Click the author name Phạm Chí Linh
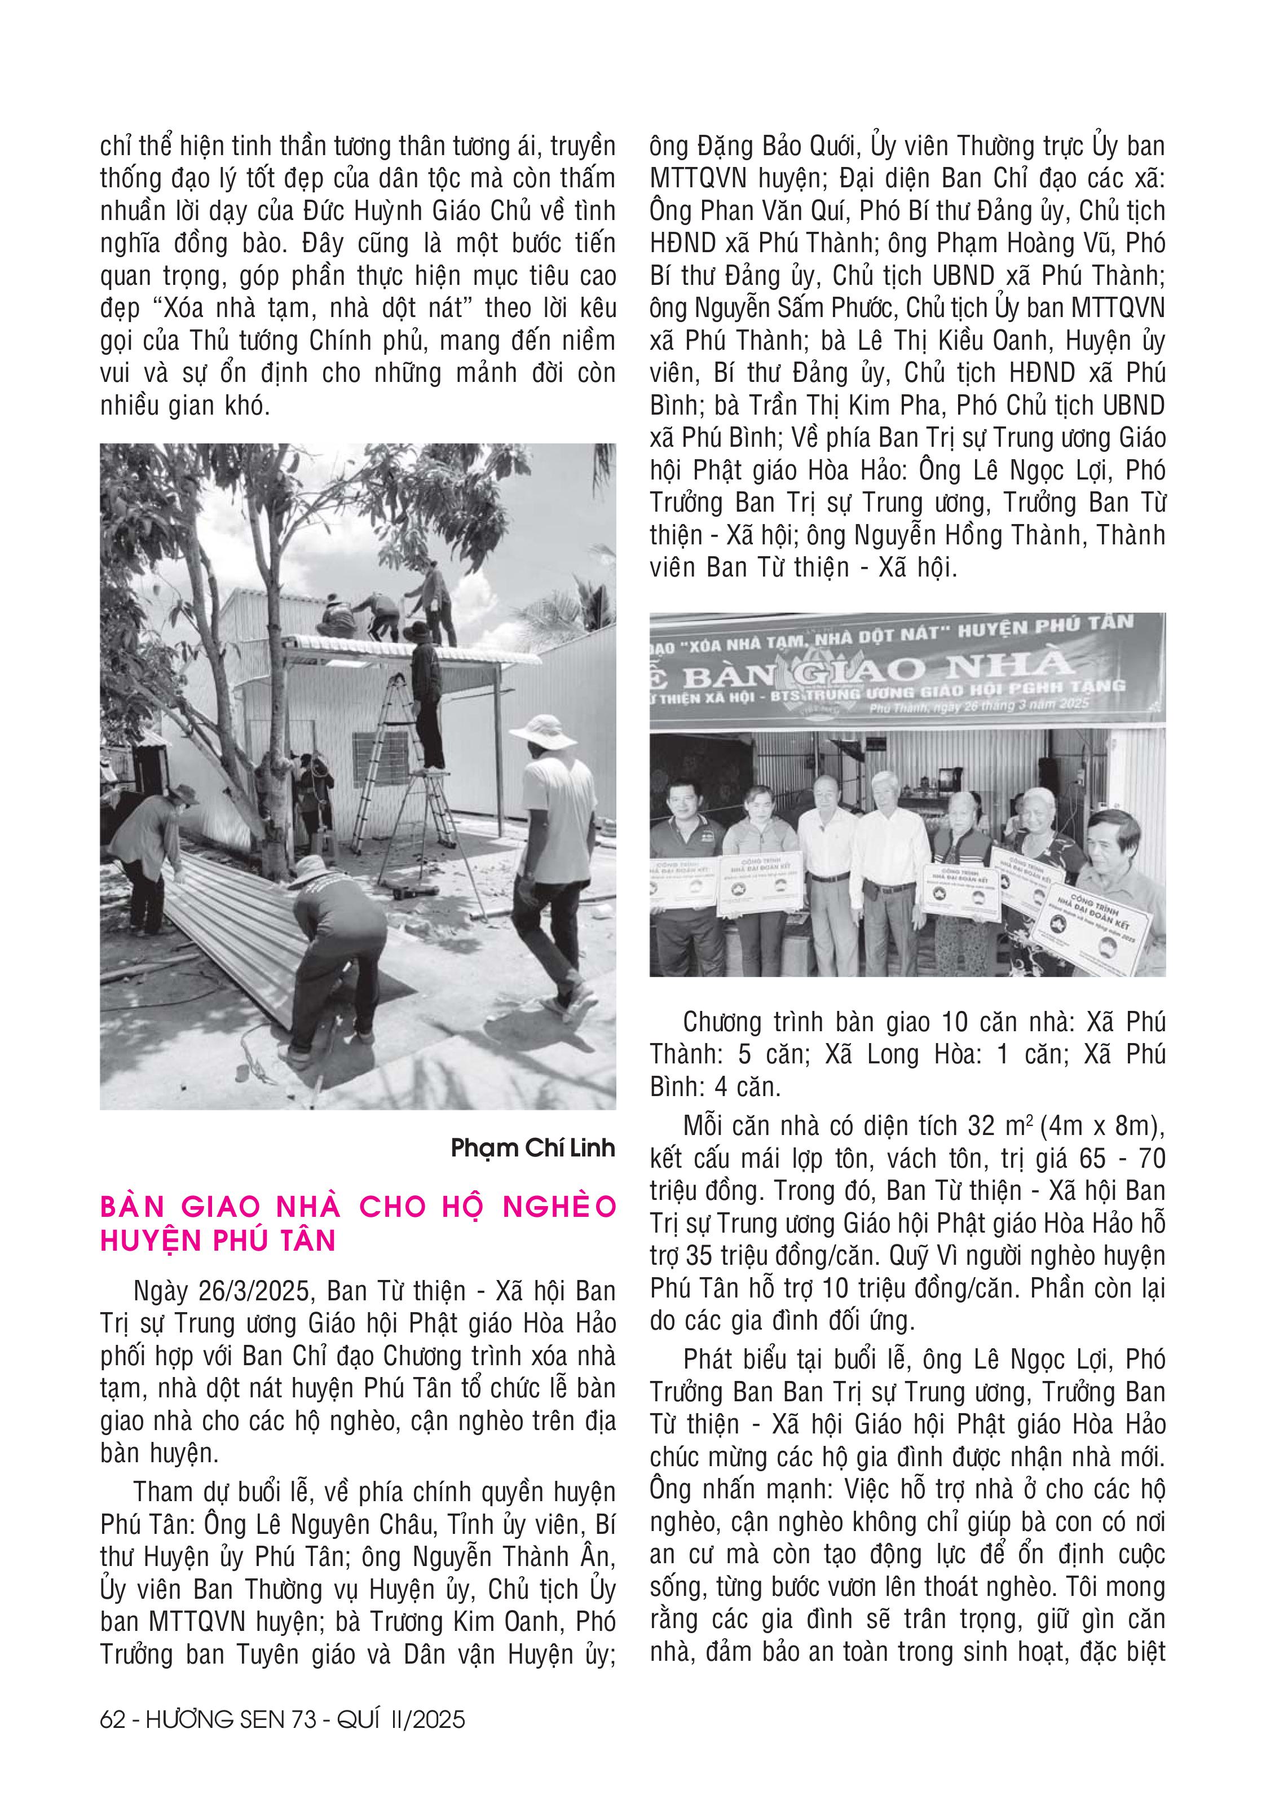click(x=533, y=1149)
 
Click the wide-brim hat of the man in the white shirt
click(x=533, y=729)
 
